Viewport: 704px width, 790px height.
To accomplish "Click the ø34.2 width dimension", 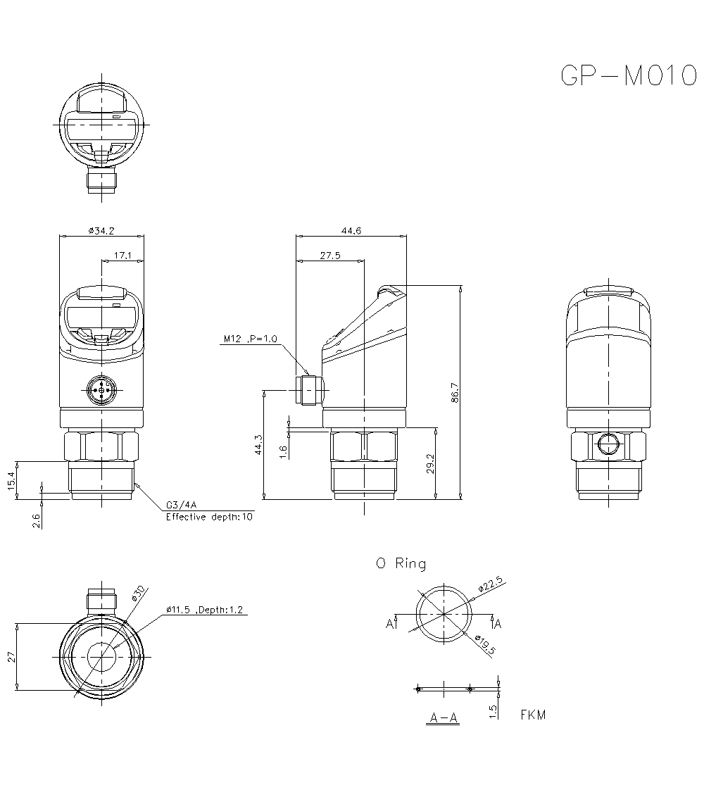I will (x=101, y=230).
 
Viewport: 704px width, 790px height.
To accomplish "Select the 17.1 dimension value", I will (x=122, y=256).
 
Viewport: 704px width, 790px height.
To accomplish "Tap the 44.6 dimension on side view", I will (x=351, y=230).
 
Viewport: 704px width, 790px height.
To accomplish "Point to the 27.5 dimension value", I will (x=329, y=256).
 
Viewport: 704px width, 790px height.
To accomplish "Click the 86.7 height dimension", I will (x=455, y=392).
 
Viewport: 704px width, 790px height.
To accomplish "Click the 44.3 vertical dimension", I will (x=258, y=444).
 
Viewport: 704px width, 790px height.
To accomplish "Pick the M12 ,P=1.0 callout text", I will (x=251, y=339).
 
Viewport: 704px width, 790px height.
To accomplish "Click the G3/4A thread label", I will (x=180, y=506).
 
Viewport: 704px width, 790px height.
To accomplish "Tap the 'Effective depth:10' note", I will (x=209, y=517).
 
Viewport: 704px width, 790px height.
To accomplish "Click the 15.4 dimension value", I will (x=11, y=481).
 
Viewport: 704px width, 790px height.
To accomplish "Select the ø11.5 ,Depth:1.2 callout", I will (x=204, y=610).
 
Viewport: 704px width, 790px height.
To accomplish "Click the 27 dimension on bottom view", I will (x=11, y=657).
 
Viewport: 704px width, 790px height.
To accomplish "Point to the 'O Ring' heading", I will (x=401, y=563).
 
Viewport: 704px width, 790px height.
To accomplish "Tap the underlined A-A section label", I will (x=444, y=718).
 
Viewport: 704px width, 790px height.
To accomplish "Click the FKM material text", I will (x=533, y=715).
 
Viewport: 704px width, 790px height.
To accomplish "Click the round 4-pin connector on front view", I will (x=101, y=389).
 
